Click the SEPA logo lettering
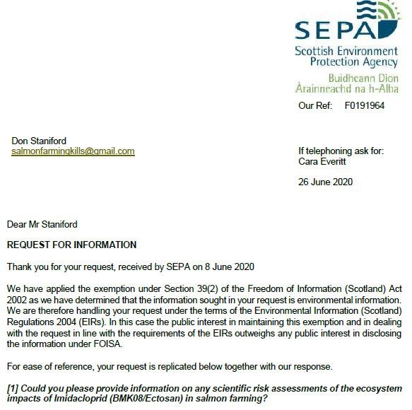click(332, 30)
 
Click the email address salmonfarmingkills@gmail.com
click(73, 151)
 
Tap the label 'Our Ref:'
click(315, 105)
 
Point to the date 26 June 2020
click(325, 182)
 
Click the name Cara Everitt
click(322, 161)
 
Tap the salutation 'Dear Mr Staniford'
click(42, 225)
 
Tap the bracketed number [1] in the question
click(13, 389)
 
